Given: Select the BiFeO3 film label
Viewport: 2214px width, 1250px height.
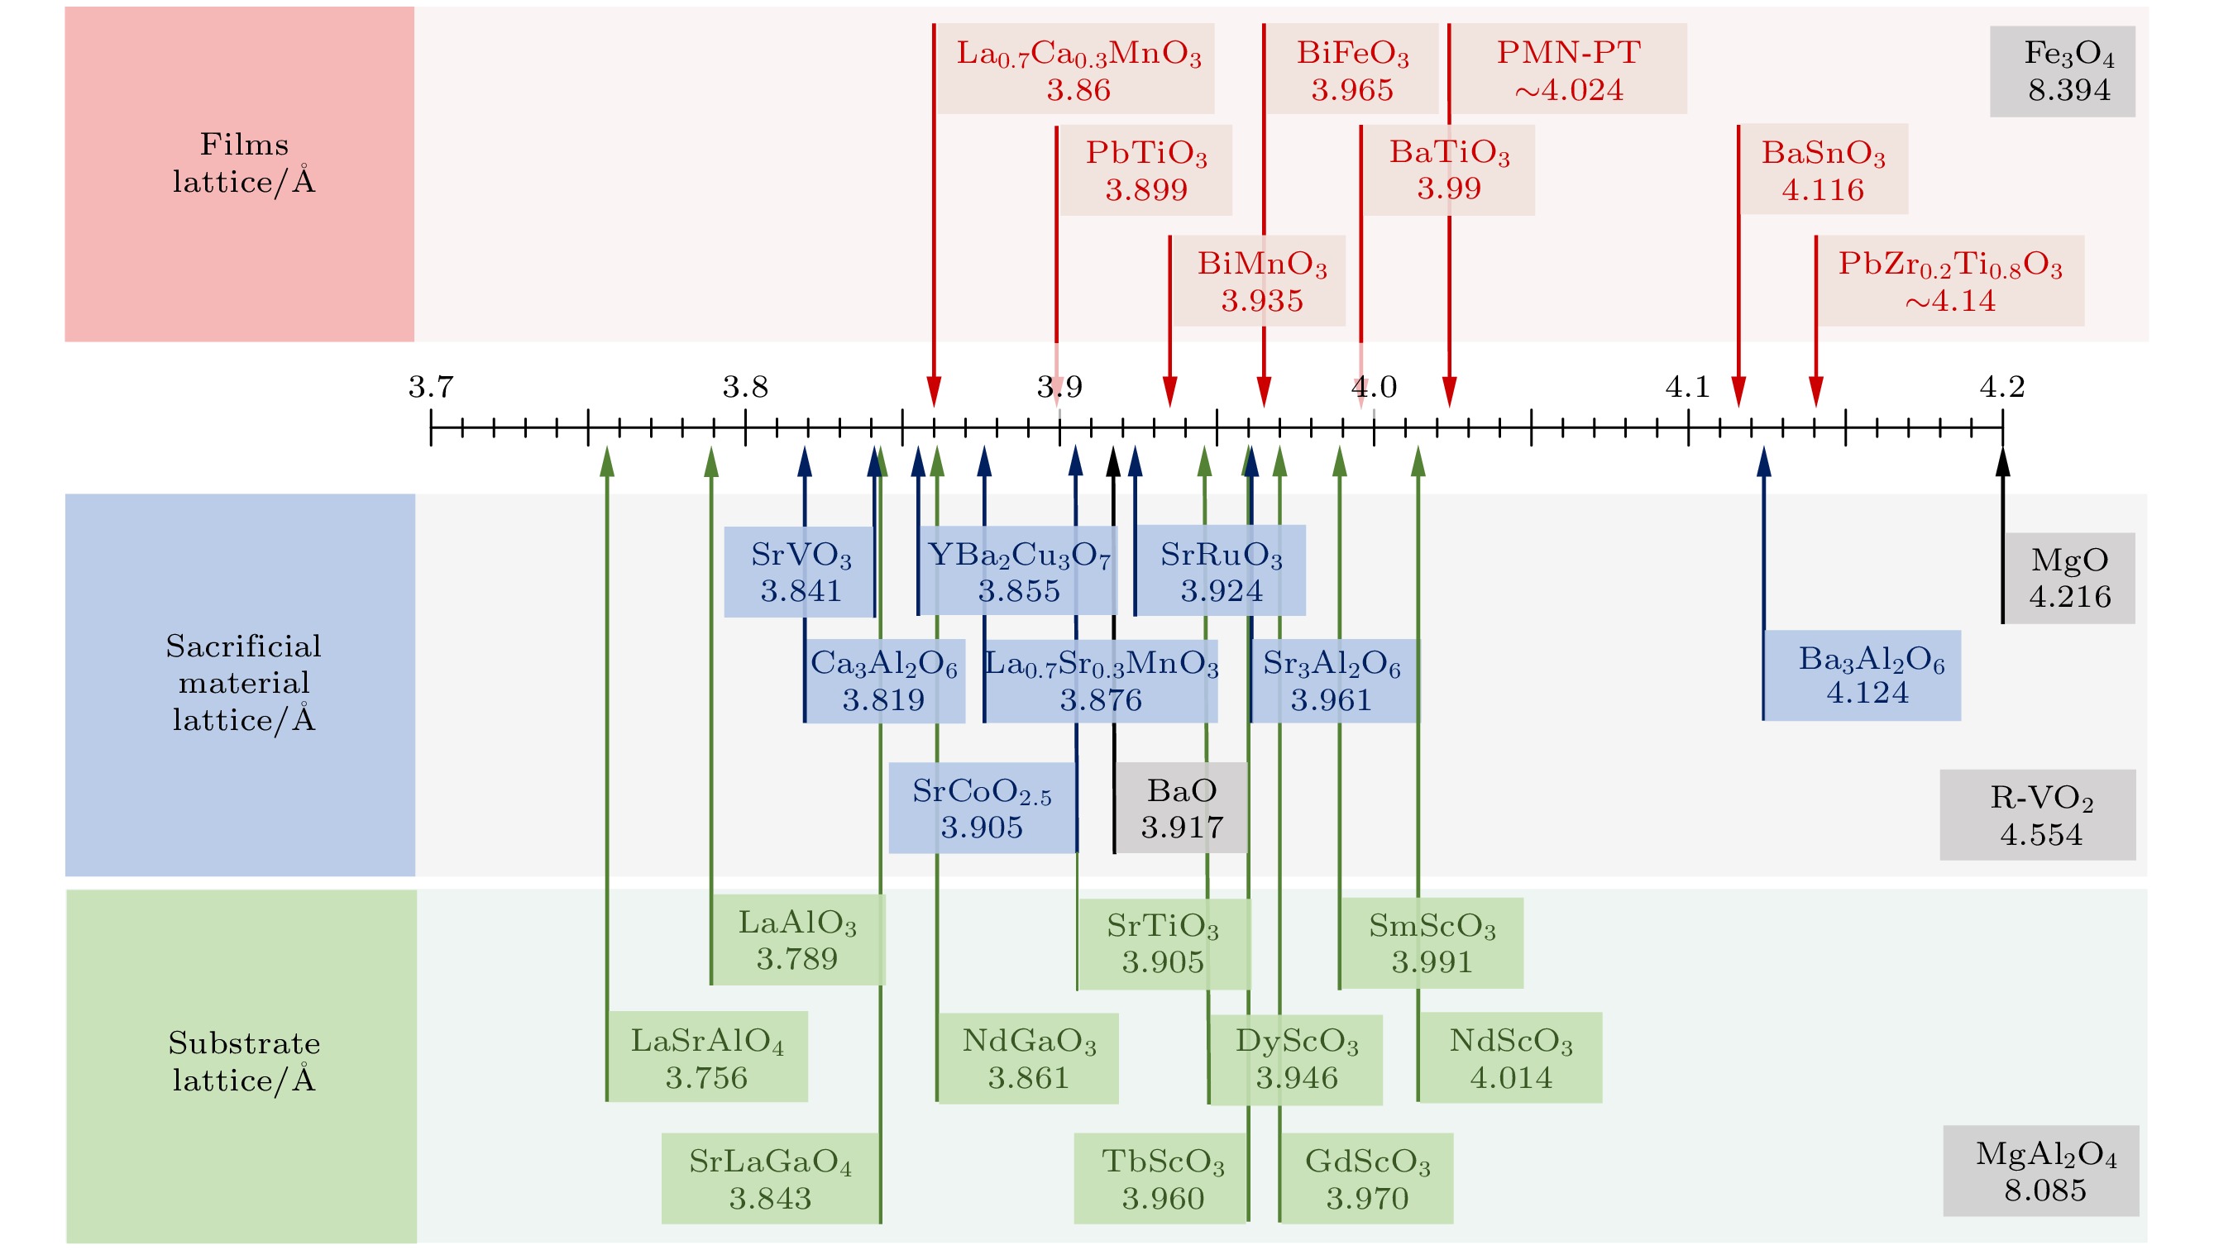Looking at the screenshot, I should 1352,69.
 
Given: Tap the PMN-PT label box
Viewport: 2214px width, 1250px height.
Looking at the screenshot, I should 1569,69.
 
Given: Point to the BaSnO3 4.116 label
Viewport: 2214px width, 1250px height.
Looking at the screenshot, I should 1822,169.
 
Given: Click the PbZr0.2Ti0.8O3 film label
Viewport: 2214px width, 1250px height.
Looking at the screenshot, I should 1949,281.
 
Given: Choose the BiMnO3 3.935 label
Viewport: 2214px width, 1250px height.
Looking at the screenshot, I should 1261,281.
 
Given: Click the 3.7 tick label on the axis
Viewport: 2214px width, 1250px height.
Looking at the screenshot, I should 431,387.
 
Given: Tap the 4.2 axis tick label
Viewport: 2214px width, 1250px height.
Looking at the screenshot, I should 2001,387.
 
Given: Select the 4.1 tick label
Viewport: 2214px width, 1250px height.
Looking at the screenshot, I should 1687,387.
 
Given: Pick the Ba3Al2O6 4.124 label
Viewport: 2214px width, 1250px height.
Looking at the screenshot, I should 1862,675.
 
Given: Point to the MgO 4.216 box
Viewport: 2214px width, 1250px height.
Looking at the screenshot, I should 2068,577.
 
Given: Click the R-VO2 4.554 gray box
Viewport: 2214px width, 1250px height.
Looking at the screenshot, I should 2037,814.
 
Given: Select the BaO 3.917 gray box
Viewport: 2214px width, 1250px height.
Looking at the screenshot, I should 1181,808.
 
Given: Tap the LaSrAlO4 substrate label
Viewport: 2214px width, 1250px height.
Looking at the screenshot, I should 706,1057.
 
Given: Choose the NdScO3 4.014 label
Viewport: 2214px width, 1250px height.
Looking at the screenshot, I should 1510,1057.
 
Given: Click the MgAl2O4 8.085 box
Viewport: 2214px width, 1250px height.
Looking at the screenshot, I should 2040,1171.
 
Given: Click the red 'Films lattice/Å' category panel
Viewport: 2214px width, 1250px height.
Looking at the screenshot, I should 240,174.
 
